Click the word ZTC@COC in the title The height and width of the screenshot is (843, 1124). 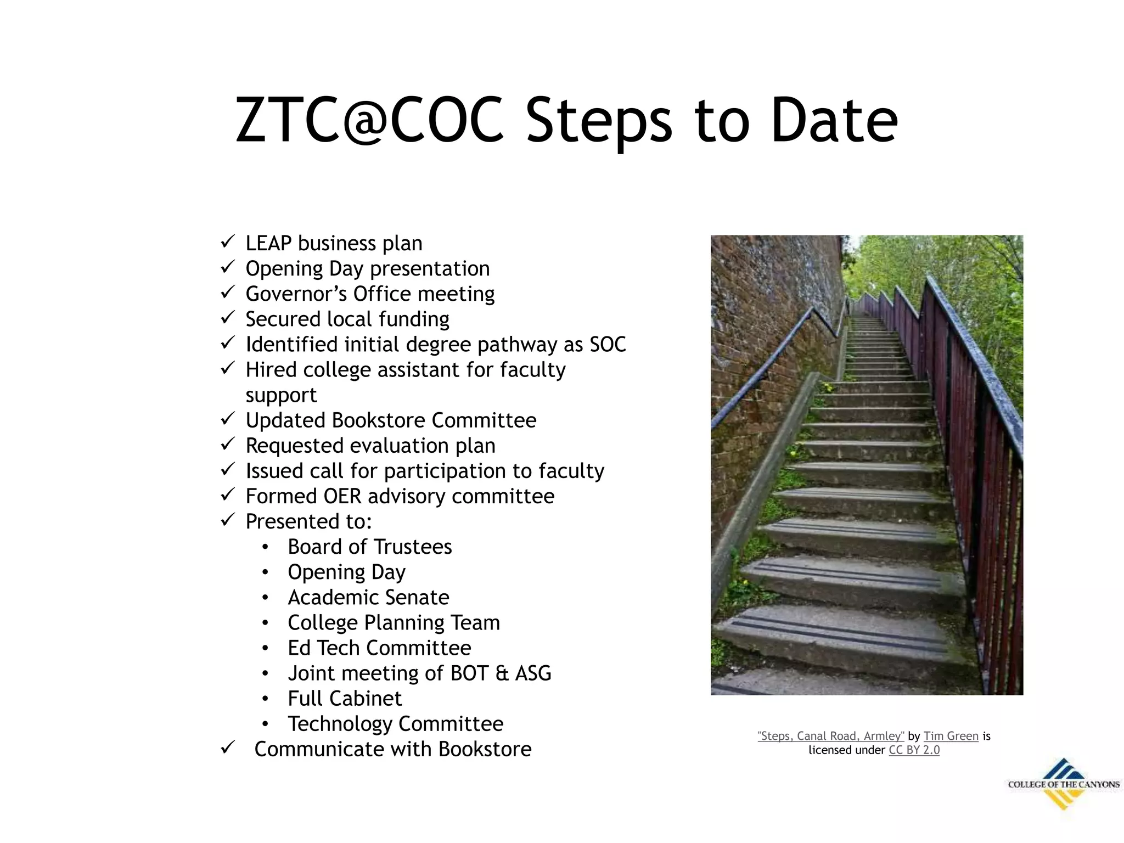point(369,121)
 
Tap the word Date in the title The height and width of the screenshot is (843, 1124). point(834,121)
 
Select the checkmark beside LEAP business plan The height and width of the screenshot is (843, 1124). point(228,241)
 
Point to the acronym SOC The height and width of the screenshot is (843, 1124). point(608,345)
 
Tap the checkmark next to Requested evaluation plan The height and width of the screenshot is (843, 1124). point(228,444)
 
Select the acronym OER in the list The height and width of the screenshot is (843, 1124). point(342,496)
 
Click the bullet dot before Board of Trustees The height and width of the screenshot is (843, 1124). point(266,547)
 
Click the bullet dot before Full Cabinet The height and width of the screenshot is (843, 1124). point(266,699)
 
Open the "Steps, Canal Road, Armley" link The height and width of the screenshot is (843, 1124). point(831,736)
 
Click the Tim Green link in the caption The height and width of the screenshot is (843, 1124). point(951,736)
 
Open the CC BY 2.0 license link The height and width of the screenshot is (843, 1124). point(914,750)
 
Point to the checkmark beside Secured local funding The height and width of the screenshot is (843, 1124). point(228,318)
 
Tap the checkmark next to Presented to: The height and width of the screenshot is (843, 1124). point(228,520)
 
